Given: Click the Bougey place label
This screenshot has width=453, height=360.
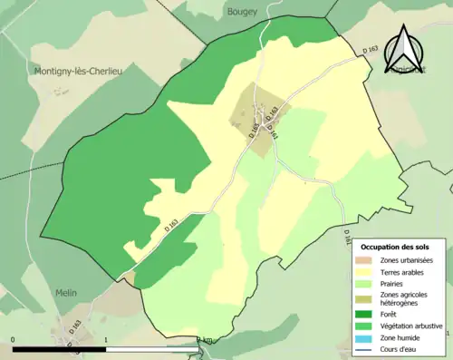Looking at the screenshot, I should click(x=239, y=11).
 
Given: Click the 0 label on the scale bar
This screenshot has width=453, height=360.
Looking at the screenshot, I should click(x=14, y=341).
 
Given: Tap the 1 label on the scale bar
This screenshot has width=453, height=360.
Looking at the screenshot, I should click(x=107, y=341).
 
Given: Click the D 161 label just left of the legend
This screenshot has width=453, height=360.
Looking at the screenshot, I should click(x=346, y=236).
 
